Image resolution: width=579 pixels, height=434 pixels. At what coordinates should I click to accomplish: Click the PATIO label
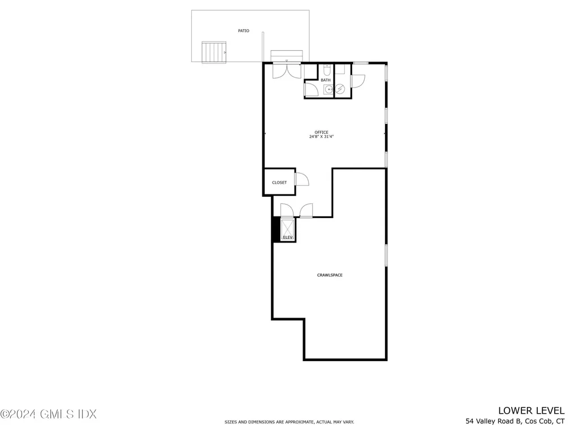click(x=243, y=31)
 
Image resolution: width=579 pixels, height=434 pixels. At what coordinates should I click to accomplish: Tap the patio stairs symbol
click(x=214, y=52)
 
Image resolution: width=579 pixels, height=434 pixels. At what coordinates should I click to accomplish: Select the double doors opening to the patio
click(x=287, y=71)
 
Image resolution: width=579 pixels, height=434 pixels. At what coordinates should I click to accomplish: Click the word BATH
click(x=326, y=80)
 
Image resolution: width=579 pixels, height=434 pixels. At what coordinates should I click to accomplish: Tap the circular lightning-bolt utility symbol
click(x=340, y=89)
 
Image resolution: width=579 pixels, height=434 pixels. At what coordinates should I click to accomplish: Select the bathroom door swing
click(x=312, y=90)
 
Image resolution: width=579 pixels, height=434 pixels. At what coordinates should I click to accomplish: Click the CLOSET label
click(x=279, y=183)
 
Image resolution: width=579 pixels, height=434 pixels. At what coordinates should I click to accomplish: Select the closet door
click(x=302, y=179)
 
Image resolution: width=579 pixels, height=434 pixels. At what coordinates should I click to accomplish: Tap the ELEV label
click(x=287, y=237)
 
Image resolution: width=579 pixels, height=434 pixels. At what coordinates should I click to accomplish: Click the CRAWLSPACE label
click(x=330, y=275)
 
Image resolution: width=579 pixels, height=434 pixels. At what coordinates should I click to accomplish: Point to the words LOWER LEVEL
click(x=531, y=410)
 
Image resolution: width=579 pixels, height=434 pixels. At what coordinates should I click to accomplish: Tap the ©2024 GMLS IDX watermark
click(x=49, y=414)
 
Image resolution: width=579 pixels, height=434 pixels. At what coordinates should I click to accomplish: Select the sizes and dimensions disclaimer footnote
click(x=289, y=422)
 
